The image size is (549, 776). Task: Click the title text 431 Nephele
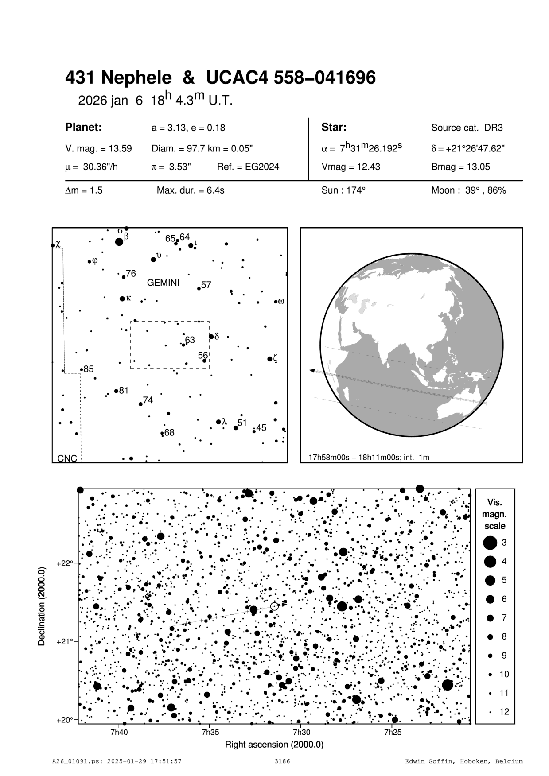click(118, 78)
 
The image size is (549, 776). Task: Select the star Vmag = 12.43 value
click(350, 167)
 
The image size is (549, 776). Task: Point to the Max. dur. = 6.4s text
click(190, 190)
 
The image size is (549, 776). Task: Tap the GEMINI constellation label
click(163, 283)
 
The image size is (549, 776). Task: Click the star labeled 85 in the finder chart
click(82, 369)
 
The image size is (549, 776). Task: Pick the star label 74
click(148, 400)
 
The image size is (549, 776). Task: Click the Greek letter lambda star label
click(224, 421)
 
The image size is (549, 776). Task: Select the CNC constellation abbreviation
click(67, 459)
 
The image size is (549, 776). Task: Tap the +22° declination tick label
click(65, 563)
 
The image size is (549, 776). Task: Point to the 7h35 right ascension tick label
click(210, 732)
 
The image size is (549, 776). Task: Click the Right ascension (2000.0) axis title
click(274, 744)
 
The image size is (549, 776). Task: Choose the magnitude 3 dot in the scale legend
click(490, 542)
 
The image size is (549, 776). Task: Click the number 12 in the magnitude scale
click(504, 712)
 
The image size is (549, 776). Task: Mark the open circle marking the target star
click(274, 606)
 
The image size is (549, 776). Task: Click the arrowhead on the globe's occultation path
click(312, 370)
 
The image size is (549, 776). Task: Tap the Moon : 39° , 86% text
click(468, 190)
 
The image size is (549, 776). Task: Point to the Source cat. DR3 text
click(467, 128)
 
